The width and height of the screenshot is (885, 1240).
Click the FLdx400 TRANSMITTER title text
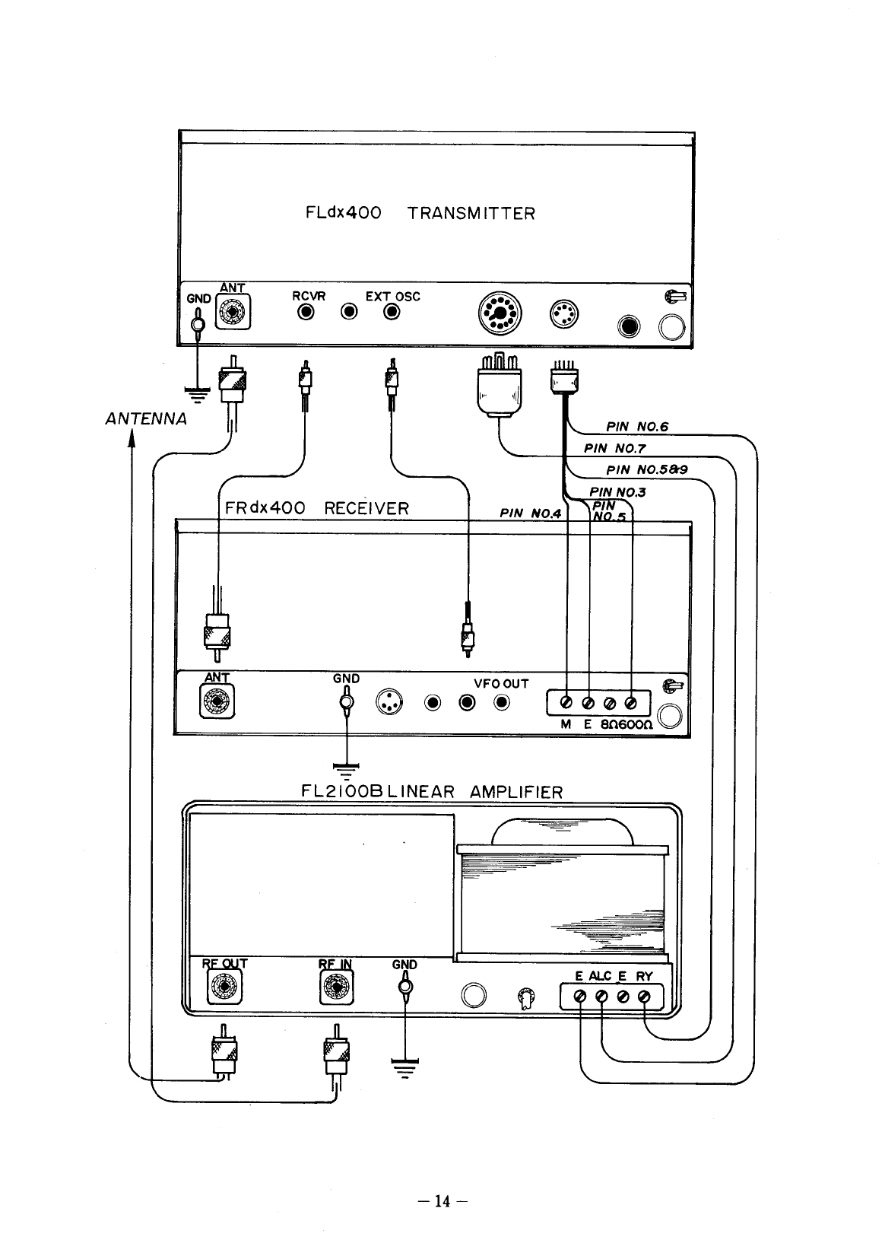click(420, 213)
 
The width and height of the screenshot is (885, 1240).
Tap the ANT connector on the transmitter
click(233, 313)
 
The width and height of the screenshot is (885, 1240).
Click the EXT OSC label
click(392, 296)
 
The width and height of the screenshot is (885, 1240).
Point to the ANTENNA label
click(145, 418)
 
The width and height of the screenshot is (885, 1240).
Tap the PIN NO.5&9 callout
click(647, 470)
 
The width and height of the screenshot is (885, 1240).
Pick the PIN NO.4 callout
click(530, 513)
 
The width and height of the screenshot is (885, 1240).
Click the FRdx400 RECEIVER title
click(317, 508)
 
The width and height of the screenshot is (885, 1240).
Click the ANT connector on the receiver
click(217, 701)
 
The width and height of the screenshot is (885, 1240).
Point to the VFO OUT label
click(501, 684)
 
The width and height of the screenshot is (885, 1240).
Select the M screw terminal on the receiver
click(566, 702)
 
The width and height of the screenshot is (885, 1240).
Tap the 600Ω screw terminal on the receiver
click(631, 702)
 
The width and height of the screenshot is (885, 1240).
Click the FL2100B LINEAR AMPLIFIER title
click(432, 791)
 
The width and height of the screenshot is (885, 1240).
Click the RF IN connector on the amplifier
click(335, 988)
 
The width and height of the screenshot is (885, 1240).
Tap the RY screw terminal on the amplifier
click(644, 997)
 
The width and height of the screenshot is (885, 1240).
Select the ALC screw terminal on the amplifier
click(601, 997)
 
